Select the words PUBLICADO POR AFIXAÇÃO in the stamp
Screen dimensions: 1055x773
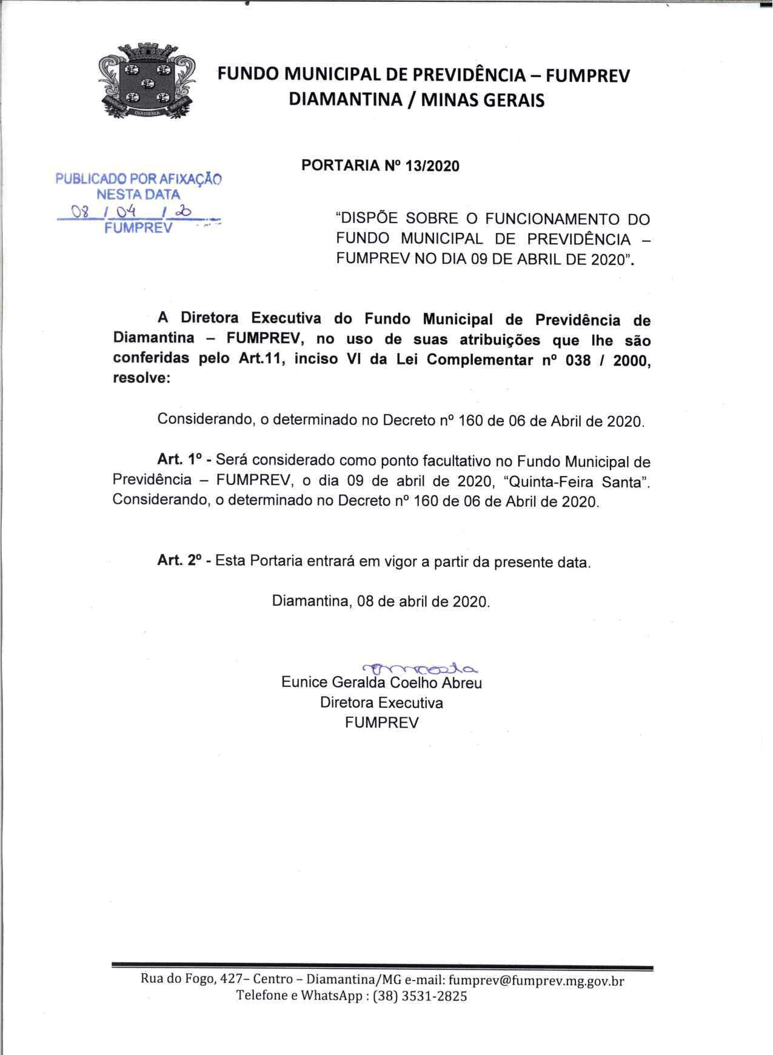(x=138, y=179)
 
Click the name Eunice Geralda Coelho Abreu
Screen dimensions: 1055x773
(x=381, y=683)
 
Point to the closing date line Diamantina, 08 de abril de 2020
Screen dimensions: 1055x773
(x=381, y=601)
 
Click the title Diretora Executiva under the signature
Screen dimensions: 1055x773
(x=381, y=703)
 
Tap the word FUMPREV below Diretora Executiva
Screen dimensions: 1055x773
(x=381, y=723)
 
